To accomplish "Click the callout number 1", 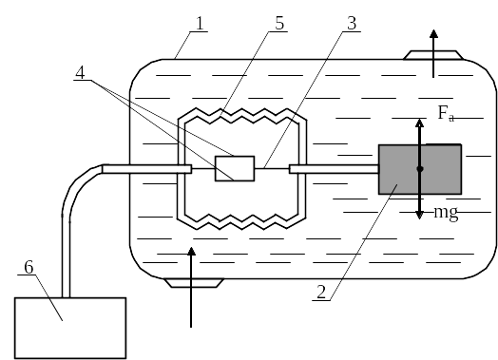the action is pos(200,23).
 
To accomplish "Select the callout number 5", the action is pos(279,23).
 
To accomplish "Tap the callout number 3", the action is pos(352,23).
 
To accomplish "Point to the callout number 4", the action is pos(81,73).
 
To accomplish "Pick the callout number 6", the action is pos(29,267).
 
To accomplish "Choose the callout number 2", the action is pos(321,292).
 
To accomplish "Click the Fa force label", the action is pos(446,113).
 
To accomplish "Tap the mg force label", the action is pos(447,212).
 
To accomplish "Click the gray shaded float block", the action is pos(420,169).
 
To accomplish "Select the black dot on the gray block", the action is pos(420,169).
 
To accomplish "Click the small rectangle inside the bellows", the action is pos(235,168).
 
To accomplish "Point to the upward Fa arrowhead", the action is pos(419,123).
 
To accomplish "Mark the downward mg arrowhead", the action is pos(419,215).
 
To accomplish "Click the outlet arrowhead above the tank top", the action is pos(433,33).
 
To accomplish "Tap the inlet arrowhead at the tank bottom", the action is pos(191,251).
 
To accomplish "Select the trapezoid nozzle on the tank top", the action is pos(433,55).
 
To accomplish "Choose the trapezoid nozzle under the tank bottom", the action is pos(194,283).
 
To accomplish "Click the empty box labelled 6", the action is pos(70,328).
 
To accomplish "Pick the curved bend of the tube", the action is pos(79,186).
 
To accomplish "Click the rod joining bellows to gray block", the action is pos(334,169).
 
